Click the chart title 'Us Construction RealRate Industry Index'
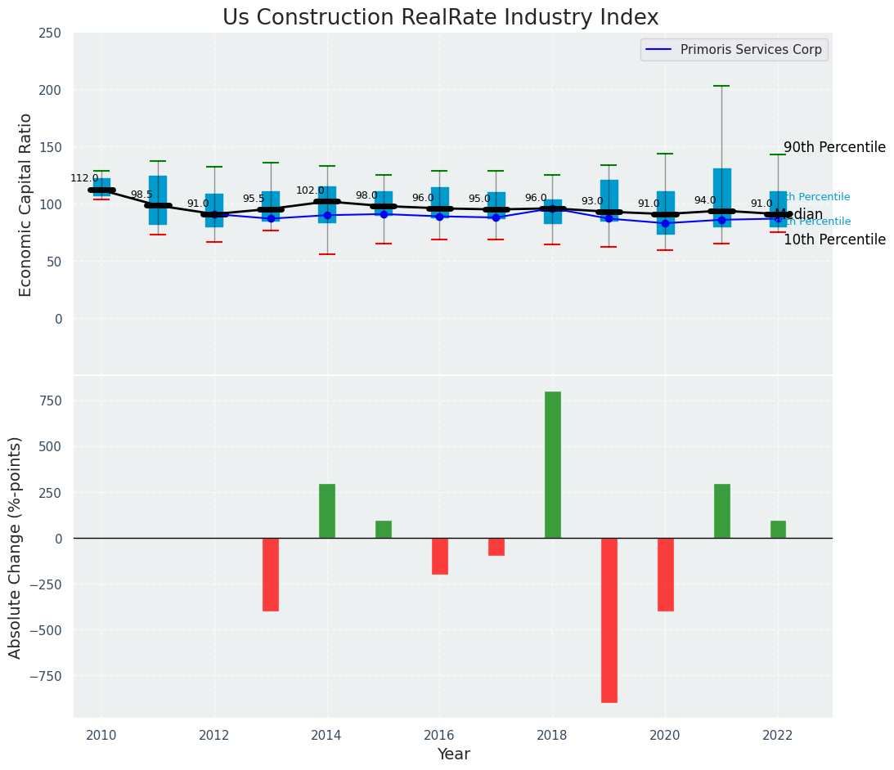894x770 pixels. point(440,18)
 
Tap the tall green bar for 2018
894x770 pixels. point(553,464)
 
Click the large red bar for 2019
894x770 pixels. point(609,620)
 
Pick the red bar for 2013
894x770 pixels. point(271,574)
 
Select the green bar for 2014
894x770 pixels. point(327,511)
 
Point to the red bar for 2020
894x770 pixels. point(666,574)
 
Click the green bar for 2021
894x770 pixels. point(721,511)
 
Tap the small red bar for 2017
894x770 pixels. point(496,547)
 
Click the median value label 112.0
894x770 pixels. point(84,178)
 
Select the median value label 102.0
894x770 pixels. point(310,190)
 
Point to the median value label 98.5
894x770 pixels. point(142,195)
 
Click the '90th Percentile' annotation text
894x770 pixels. point(834,147)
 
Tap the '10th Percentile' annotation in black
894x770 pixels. point(834,240)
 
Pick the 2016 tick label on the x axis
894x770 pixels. point(439,736)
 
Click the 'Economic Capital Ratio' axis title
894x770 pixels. point(25,204)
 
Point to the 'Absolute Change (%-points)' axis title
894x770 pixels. point(16,547)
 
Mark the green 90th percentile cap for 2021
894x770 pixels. point(721,86)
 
